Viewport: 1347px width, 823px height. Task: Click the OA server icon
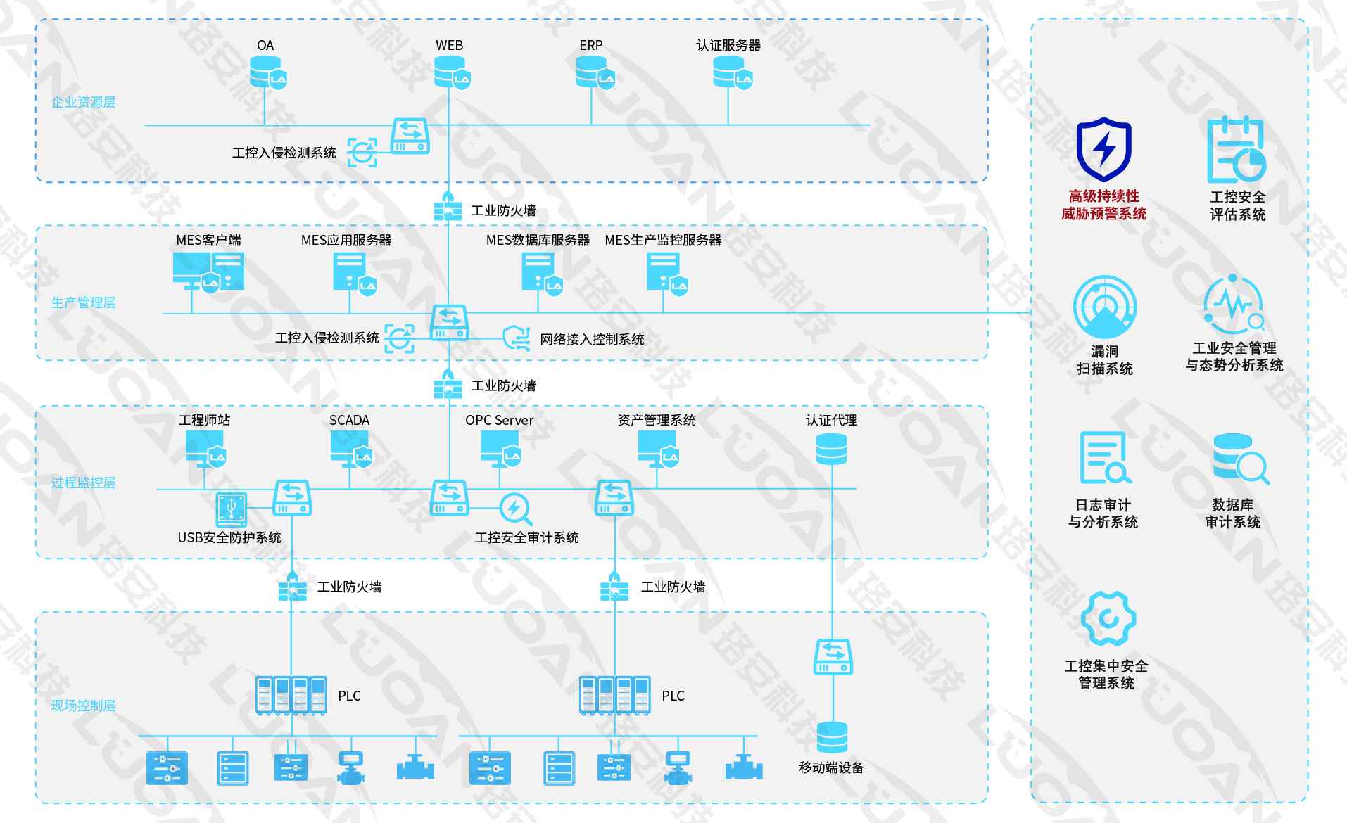click(x=267, y=72)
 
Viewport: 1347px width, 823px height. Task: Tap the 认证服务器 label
click(x=728, y=45)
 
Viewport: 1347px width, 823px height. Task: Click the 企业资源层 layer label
click(x=83, y=102)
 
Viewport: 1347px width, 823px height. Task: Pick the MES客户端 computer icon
click(x=208, y=272)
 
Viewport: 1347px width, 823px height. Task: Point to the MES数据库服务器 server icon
click(x=541, y=272)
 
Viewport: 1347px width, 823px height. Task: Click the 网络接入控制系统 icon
click(x=517, y=338)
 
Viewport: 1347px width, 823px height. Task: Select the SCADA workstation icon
click(x=350, y=448)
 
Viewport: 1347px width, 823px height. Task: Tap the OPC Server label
click(x=499, y=420)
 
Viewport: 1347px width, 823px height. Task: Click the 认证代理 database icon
click(x=831, y=449)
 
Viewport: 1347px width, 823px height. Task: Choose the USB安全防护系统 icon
click(x=232, y=509)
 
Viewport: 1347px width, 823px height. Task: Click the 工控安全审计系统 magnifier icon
click(x=516, y=509)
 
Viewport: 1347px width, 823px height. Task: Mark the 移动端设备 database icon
click(x=832, y=737)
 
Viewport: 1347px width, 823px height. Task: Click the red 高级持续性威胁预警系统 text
click(x=1103, y=205)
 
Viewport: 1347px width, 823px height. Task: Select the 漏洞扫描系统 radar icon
click(x=1104, y=307)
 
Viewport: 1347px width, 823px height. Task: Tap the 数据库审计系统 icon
click(x=1239, y=459)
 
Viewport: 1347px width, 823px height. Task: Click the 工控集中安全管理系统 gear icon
click(x=1108, y=618)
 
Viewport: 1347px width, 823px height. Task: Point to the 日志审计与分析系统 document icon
click(x=1104, y=458)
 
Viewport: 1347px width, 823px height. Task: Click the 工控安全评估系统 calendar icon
click(x=1236, y=151)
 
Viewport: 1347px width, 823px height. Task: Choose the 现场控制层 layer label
click(x=83, y=706)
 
